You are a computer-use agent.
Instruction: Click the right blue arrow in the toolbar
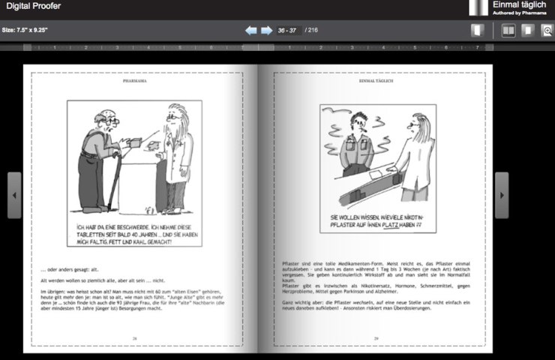tap(266, 31)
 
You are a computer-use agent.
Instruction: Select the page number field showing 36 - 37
tap(288, 31)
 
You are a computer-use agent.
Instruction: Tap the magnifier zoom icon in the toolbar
tap(547, 31)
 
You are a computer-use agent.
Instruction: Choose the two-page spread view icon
tap(508, 31)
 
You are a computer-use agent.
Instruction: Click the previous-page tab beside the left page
tap(14, 195)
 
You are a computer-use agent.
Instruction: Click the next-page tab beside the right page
tap(502, 195)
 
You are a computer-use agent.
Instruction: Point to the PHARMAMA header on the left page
tap(136, 78)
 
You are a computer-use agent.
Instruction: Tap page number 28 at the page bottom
tap(135, 338)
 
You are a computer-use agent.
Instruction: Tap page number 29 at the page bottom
tap(376, 339)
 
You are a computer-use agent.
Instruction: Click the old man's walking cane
tap(113, 180)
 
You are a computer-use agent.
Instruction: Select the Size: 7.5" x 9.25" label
tap(25, 31)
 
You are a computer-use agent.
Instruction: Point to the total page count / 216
tap(312, 31)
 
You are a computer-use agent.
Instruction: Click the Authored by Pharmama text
tap(519, 13)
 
